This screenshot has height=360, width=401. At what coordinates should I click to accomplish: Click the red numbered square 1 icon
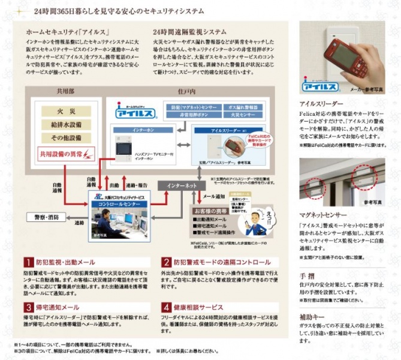coord(28,262)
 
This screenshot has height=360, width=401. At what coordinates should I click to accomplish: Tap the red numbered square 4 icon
coord(166,307)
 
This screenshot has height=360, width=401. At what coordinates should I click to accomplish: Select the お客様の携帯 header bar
coord(211,212)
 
